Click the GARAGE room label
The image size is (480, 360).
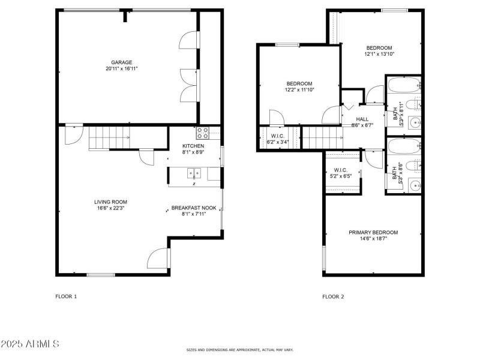click(121, 62)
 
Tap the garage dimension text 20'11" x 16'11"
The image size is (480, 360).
click(121, 68)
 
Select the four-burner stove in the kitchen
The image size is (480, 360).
click(202, 133)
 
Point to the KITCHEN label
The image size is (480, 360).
click(193, 146)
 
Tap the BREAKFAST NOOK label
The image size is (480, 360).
click(194, 208)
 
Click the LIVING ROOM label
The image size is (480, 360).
click(110, 202)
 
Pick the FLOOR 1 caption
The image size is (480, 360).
click(67, 296)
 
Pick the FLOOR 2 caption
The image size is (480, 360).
click(333, 296)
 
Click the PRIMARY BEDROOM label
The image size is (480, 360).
click(373, 232)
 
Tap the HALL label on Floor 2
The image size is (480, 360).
click(362, 119)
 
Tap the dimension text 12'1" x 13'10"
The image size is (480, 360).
click(379, 54)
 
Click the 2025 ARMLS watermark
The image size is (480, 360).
click(30, 344)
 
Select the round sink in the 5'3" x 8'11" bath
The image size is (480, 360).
click(413, 124)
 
